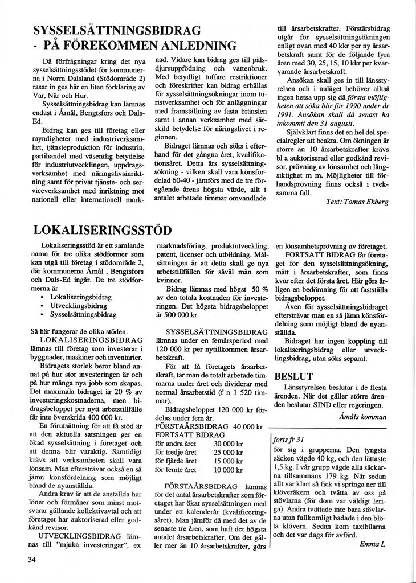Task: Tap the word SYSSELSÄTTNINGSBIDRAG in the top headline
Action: coord(117,30)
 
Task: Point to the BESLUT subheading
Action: coord(293,376)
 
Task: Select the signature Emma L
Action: coord(373,544)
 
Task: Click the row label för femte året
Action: coord(176,470)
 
